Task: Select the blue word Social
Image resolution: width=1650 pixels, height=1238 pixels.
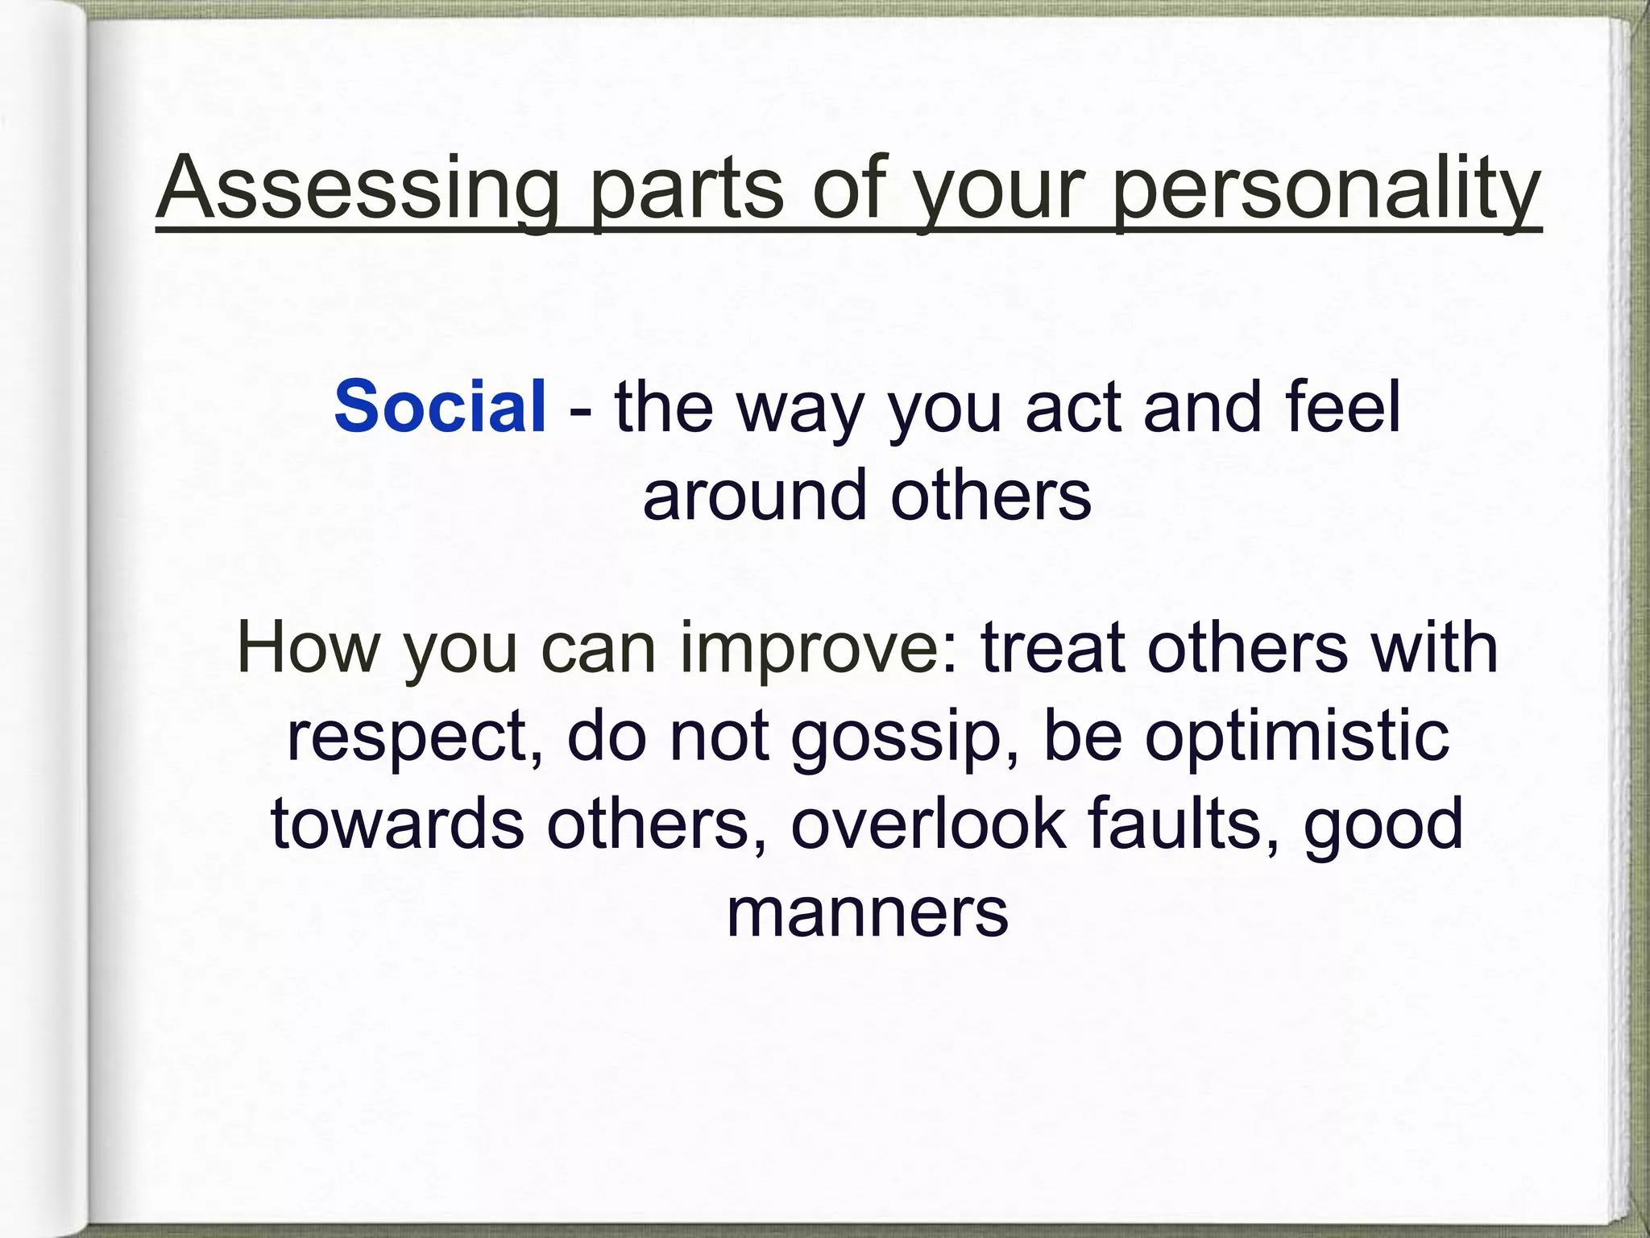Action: coord(440,406)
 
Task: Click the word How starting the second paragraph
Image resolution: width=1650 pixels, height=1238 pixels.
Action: coord(307,648)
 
